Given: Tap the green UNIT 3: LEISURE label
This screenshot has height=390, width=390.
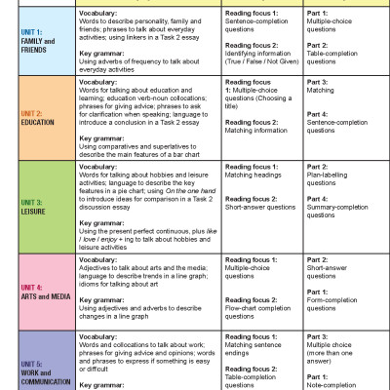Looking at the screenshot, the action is click(x=19, y=206).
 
